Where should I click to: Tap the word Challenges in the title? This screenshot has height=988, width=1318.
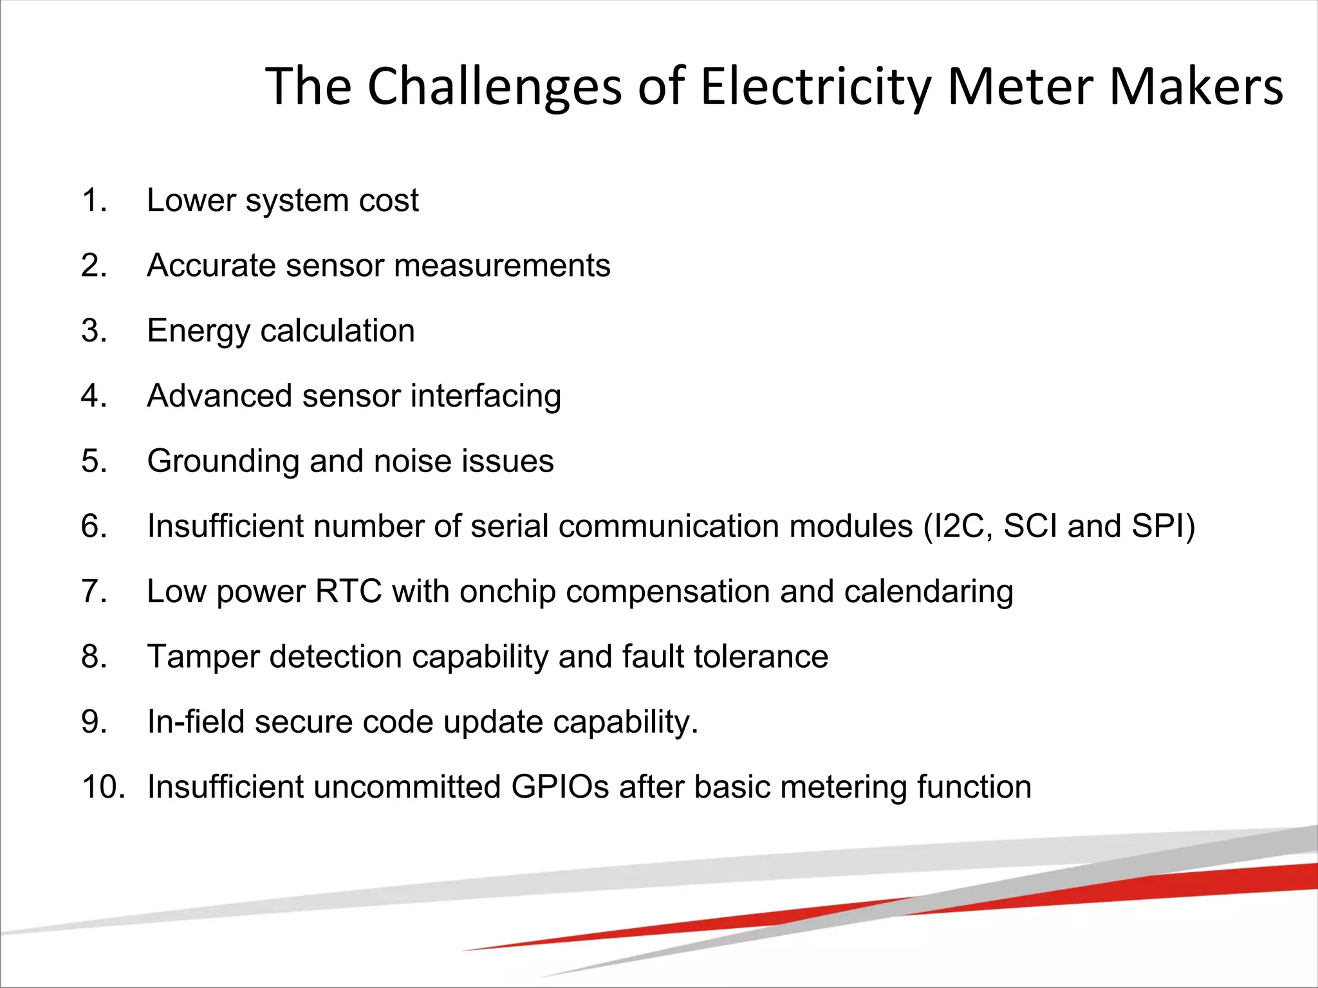(494, 87)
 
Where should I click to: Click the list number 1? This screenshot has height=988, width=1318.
(94, 200)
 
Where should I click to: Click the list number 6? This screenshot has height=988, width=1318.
(94, 526)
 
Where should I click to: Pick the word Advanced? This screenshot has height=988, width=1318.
(219, 396)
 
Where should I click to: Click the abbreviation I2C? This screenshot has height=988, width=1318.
(958, 526)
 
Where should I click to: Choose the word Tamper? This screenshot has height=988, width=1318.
(203, 657)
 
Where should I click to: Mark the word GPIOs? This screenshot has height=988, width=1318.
(560, 787)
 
